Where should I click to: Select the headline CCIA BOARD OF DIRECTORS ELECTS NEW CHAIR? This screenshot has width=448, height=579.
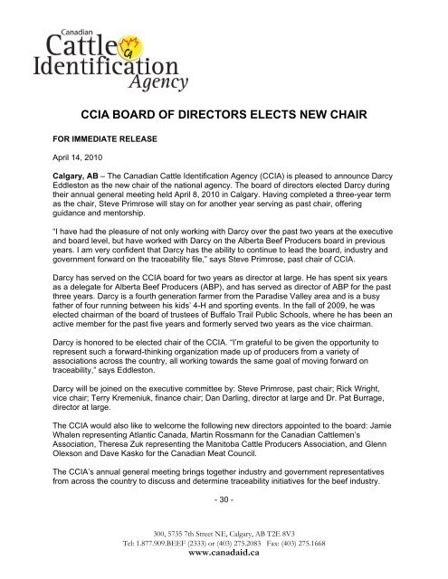click(x=224, y=115)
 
